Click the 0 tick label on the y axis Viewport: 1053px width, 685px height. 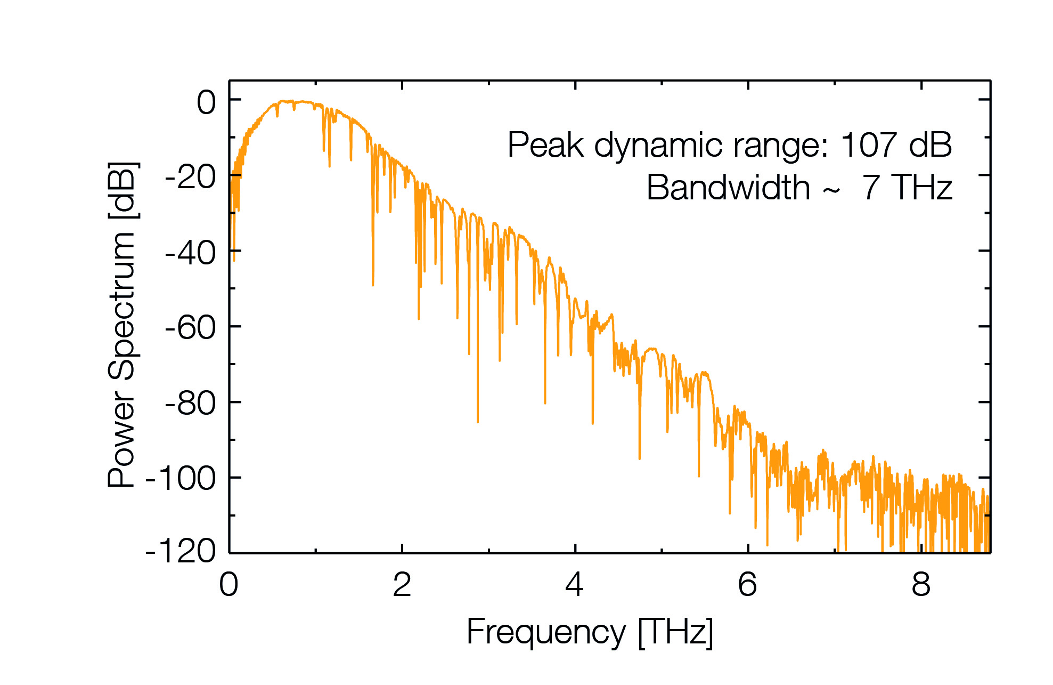[206, 102]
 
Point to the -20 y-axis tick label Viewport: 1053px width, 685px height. [191, 178]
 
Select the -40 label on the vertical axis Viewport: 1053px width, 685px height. [191, 253]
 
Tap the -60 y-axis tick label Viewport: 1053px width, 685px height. [191, 328]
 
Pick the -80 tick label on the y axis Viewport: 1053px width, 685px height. [191, 404]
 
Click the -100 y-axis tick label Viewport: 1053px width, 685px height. [181, 479]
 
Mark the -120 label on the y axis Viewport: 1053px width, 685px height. [181, 551]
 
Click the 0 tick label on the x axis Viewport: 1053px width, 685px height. [229, 585]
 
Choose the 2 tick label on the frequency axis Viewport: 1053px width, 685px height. [402, 585]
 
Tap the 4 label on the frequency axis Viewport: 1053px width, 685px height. [575, 585]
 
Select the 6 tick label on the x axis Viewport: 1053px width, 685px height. [748, 585]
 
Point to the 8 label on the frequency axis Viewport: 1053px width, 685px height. [921, 585]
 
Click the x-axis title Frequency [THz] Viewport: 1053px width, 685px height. [590, 633]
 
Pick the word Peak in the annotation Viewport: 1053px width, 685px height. [546, 144]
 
